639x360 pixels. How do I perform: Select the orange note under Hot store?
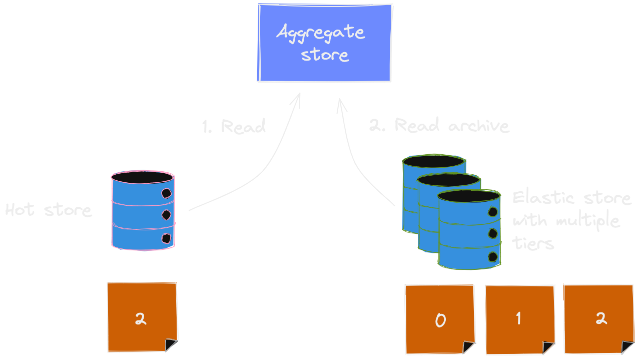pyautogui.click(x=142, y=317)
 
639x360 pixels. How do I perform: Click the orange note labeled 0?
pyautogui.click(x=439, y=319)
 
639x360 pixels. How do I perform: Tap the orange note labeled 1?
pyautogui.click(x=519, y=319)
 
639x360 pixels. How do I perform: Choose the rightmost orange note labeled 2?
pyautogui.click(x=599, y=318)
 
